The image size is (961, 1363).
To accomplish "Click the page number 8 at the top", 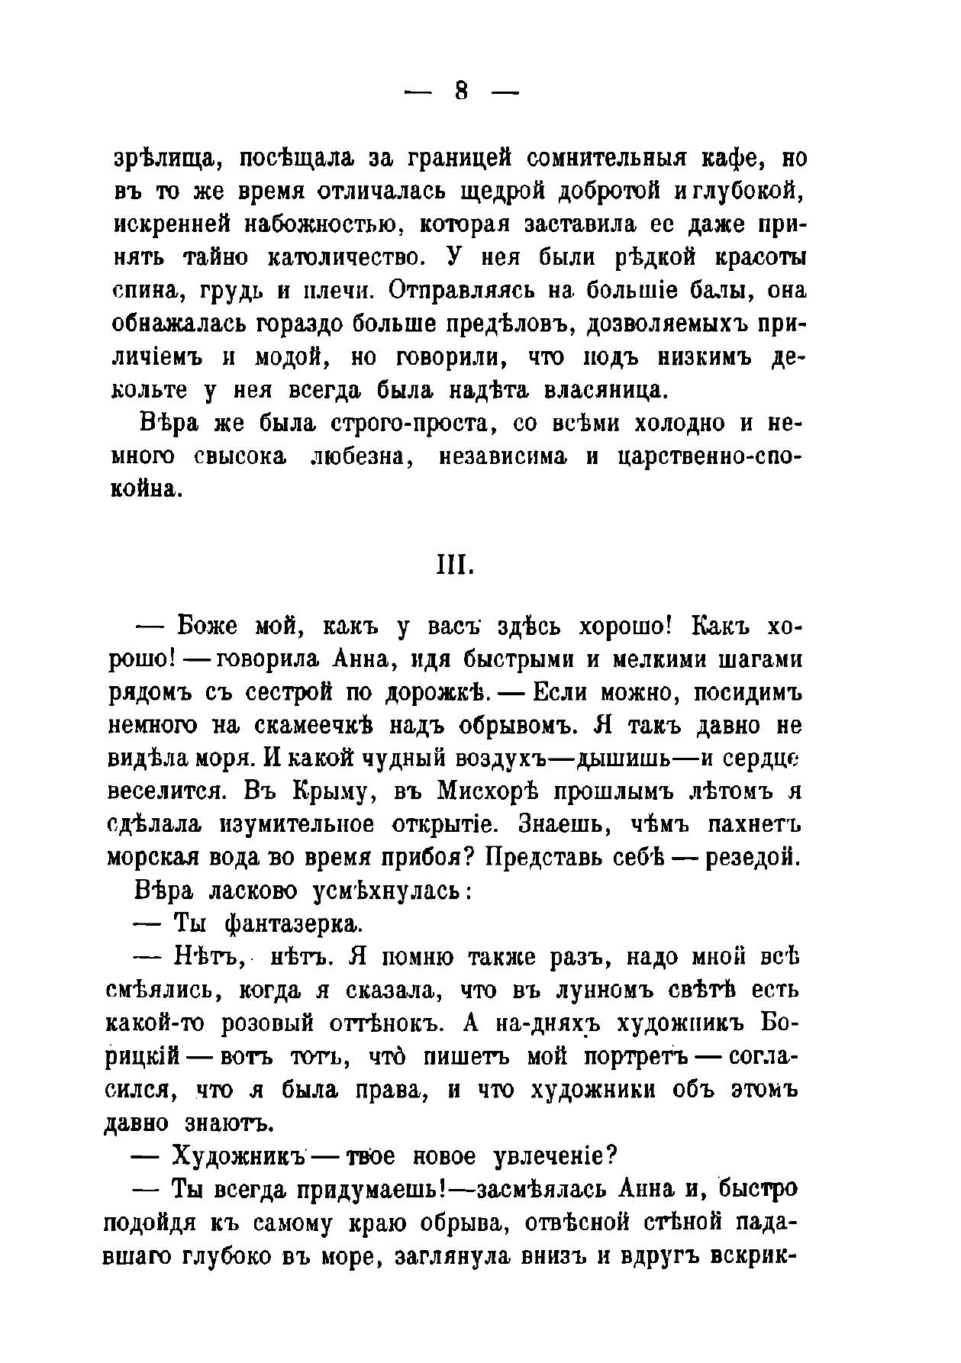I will [x=460, y=92].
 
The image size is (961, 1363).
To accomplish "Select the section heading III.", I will [x=456, y=566].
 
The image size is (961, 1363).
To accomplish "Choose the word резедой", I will [x=752, y=858].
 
